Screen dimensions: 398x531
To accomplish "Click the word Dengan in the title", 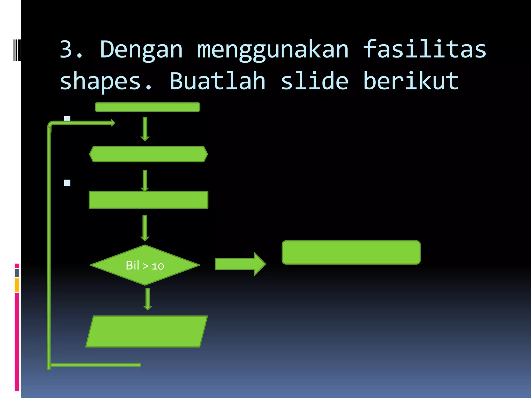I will point(141,50).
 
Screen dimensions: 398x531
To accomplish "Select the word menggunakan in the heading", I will point(273,50).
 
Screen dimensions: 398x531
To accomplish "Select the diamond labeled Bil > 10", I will point(145,265).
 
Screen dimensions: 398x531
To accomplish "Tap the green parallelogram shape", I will point(147,331).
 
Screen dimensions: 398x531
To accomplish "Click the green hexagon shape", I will point(148,154).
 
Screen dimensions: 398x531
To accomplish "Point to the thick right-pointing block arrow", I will point(240,264).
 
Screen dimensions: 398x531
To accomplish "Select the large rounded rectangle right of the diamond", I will point(351,252).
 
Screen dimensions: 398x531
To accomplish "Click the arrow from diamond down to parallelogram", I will point(148,299).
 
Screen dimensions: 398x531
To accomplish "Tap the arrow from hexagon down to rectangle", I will point(145,181).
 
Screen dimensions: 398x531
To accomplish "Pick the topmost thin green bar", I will point(148,107).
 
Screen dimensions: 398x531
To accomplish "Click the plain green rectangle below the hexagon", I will point(148,200).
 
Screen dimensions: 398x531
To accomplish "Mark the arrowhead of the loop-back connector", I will point(113,123).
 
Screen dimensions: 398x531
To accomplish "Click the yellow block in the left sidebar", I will point(17,285).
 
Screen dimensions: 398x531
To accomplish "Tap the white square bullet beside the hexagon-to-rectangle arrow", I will point(67,183).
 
